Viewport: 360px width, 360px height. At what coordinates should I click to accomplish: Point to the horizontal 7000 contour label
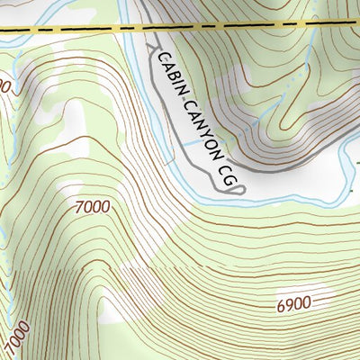click(x=93, y=207)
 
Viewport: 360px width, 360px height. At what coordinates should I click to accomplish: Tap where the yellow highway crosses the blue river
click(x=132, y=27)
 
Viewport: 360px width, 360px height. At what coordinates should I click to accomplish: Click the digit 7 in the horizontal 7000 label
click(x=81, y=207)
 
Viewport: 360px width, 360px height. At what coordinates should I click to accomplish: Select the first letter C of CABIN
click(x=162, y=59)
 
